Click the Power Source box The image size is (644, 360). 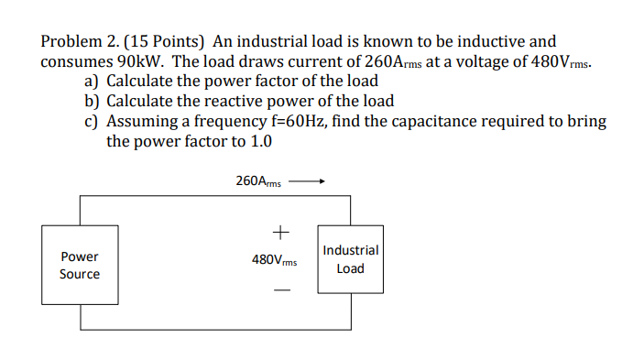80,266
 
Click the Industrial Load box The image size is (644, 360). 350,259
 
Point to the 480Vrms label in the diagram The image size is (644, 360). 275,260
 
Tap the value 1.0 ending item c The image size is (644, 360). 260,141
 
